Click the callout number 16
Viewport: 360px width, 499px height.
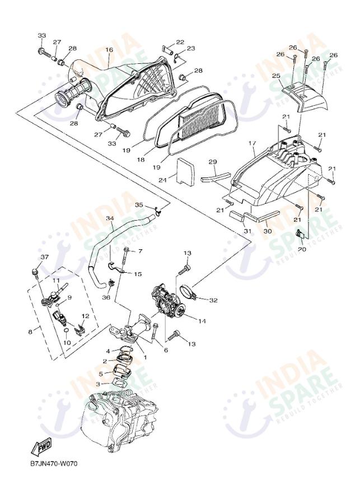pyautogui.click(x=109, y=50)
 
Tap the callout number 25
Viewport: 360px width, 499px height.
pyautogui.click(x=276, y=76)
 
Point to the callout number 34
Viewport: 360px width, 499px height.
pyautogui.click(x=110, y=218)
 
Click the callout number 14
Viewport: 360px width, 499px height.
pyautogui.click(x=202, y=321)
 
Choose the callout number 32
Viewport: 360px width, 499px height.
pyautogui.click(x=213, y=301)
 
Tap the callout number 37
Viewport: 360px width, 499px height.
pyautogui.click(x=45, y=257)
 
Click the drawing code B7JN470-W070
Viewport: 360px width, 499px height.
pyautogui.click(x=55, y=464)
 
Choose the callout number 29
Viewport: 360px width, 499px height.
pyautogui.click(x=213, y=162)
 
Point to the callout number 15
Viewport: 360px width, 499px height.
pyautogui.click(x=138, y=274)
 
